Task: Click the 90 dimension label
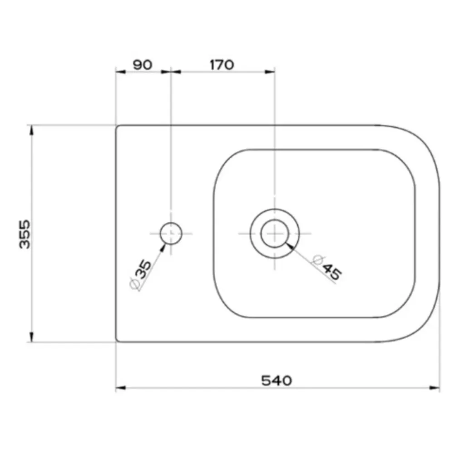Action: point(143,65)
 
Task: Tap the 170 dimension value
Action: point(222,65)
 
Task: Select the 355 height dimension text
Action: point(25,234)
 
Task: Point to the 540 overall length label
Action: point(276,381)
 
